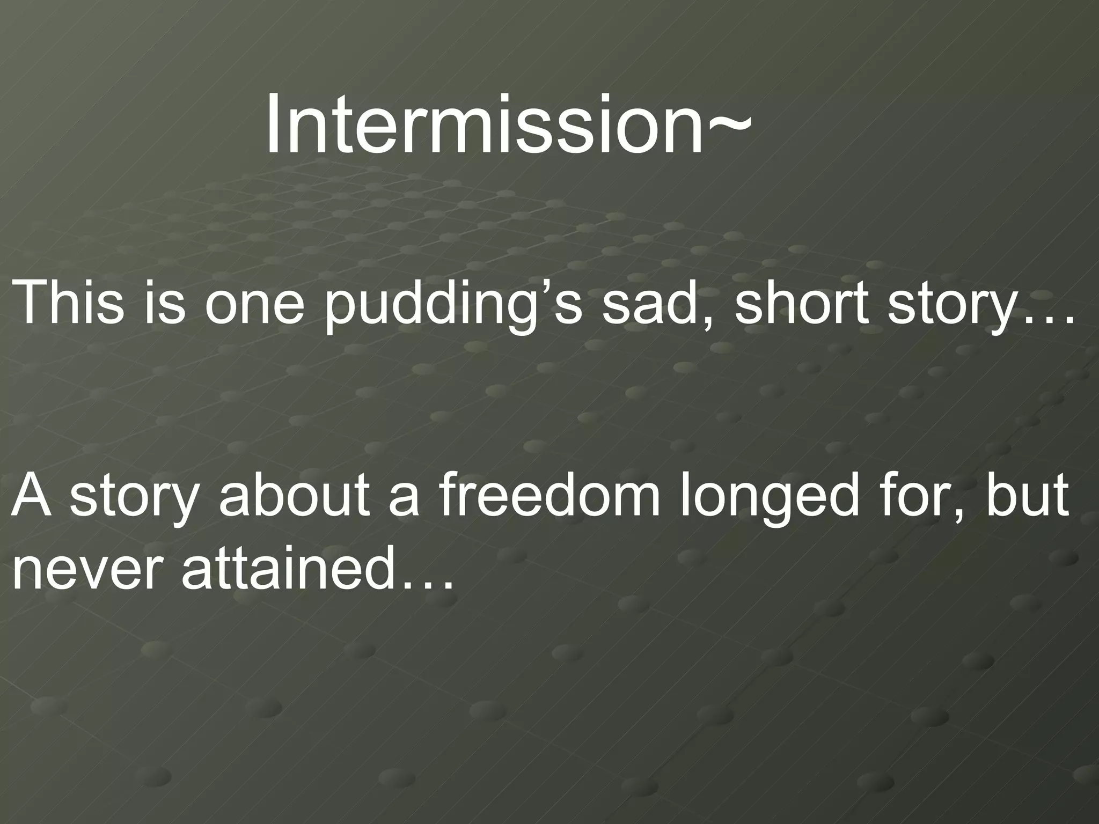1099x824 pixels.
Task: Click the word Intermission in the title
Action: coord(483,124)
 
